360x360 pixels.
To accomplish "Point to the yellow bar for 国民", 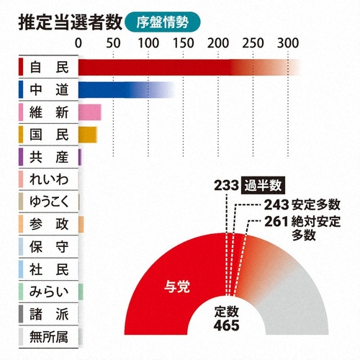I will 86,134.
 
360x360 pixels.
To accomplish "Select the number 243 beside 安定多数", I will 277,204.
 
